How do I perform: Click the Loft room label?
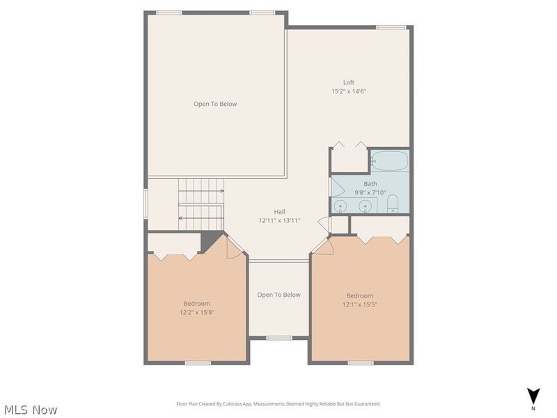pyautogui.click(x=348, y=82)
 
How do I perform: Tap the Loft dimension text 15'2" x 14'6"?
pyautogui.click(x=348, y=91)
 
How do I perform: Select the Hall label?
pyautogui.click(x=279, y=212)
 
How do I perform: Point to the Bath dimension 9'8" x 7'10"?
pyautogui.click(x=370, y=192)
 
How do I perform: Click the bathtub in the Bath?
pyautogui.click(x=389, y=161)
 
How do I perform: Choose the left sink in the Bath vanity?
pyautogui.click(x=341, y=206)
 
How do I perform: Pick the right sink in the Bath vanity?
pyautogui.click(x=365, y=206)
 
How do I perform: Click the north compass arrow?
pyautogui.click(x=533, y=396)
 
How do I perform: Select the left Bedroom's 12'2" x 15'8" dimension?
pyautogui.click(x=197, y=312)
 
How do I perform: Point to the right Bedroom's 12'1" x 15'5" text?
pyautogui.click(x=360, y=304)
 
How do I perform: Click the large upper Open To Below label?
pyautogui.click(x=215, y=104)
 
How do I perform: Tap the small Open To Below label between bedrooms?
pyautogui.click(x=279, y=295)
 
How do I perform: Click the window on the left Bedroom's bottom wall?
pyautogui.click(x=198, y=362)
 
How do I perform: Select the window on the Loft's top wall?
pyautogui.click(x=391, y=27)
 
